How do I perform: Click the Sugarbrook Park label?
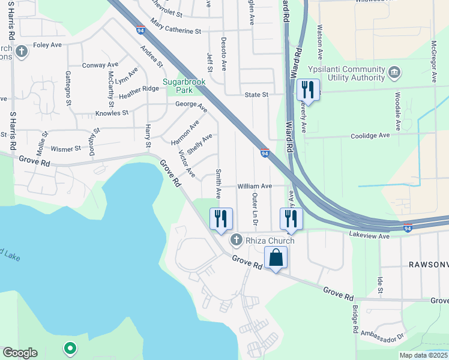[184, 86]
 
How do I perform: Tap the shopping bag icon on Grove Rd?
[276, 257]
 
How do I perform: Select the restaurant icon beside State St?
[308, 90]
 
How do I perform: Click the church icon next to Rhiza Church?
[237, 241]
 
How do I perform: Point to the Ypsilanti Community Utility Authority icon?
[394, 72]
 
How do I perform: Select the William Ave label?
[255, 187]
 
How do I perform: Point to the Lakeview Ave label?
[370, 236]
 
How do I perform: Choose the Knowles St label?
[112, 113]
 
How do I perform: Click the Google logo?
[20, 353]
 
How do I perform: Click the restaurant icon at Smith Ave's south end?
[220, 218]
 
